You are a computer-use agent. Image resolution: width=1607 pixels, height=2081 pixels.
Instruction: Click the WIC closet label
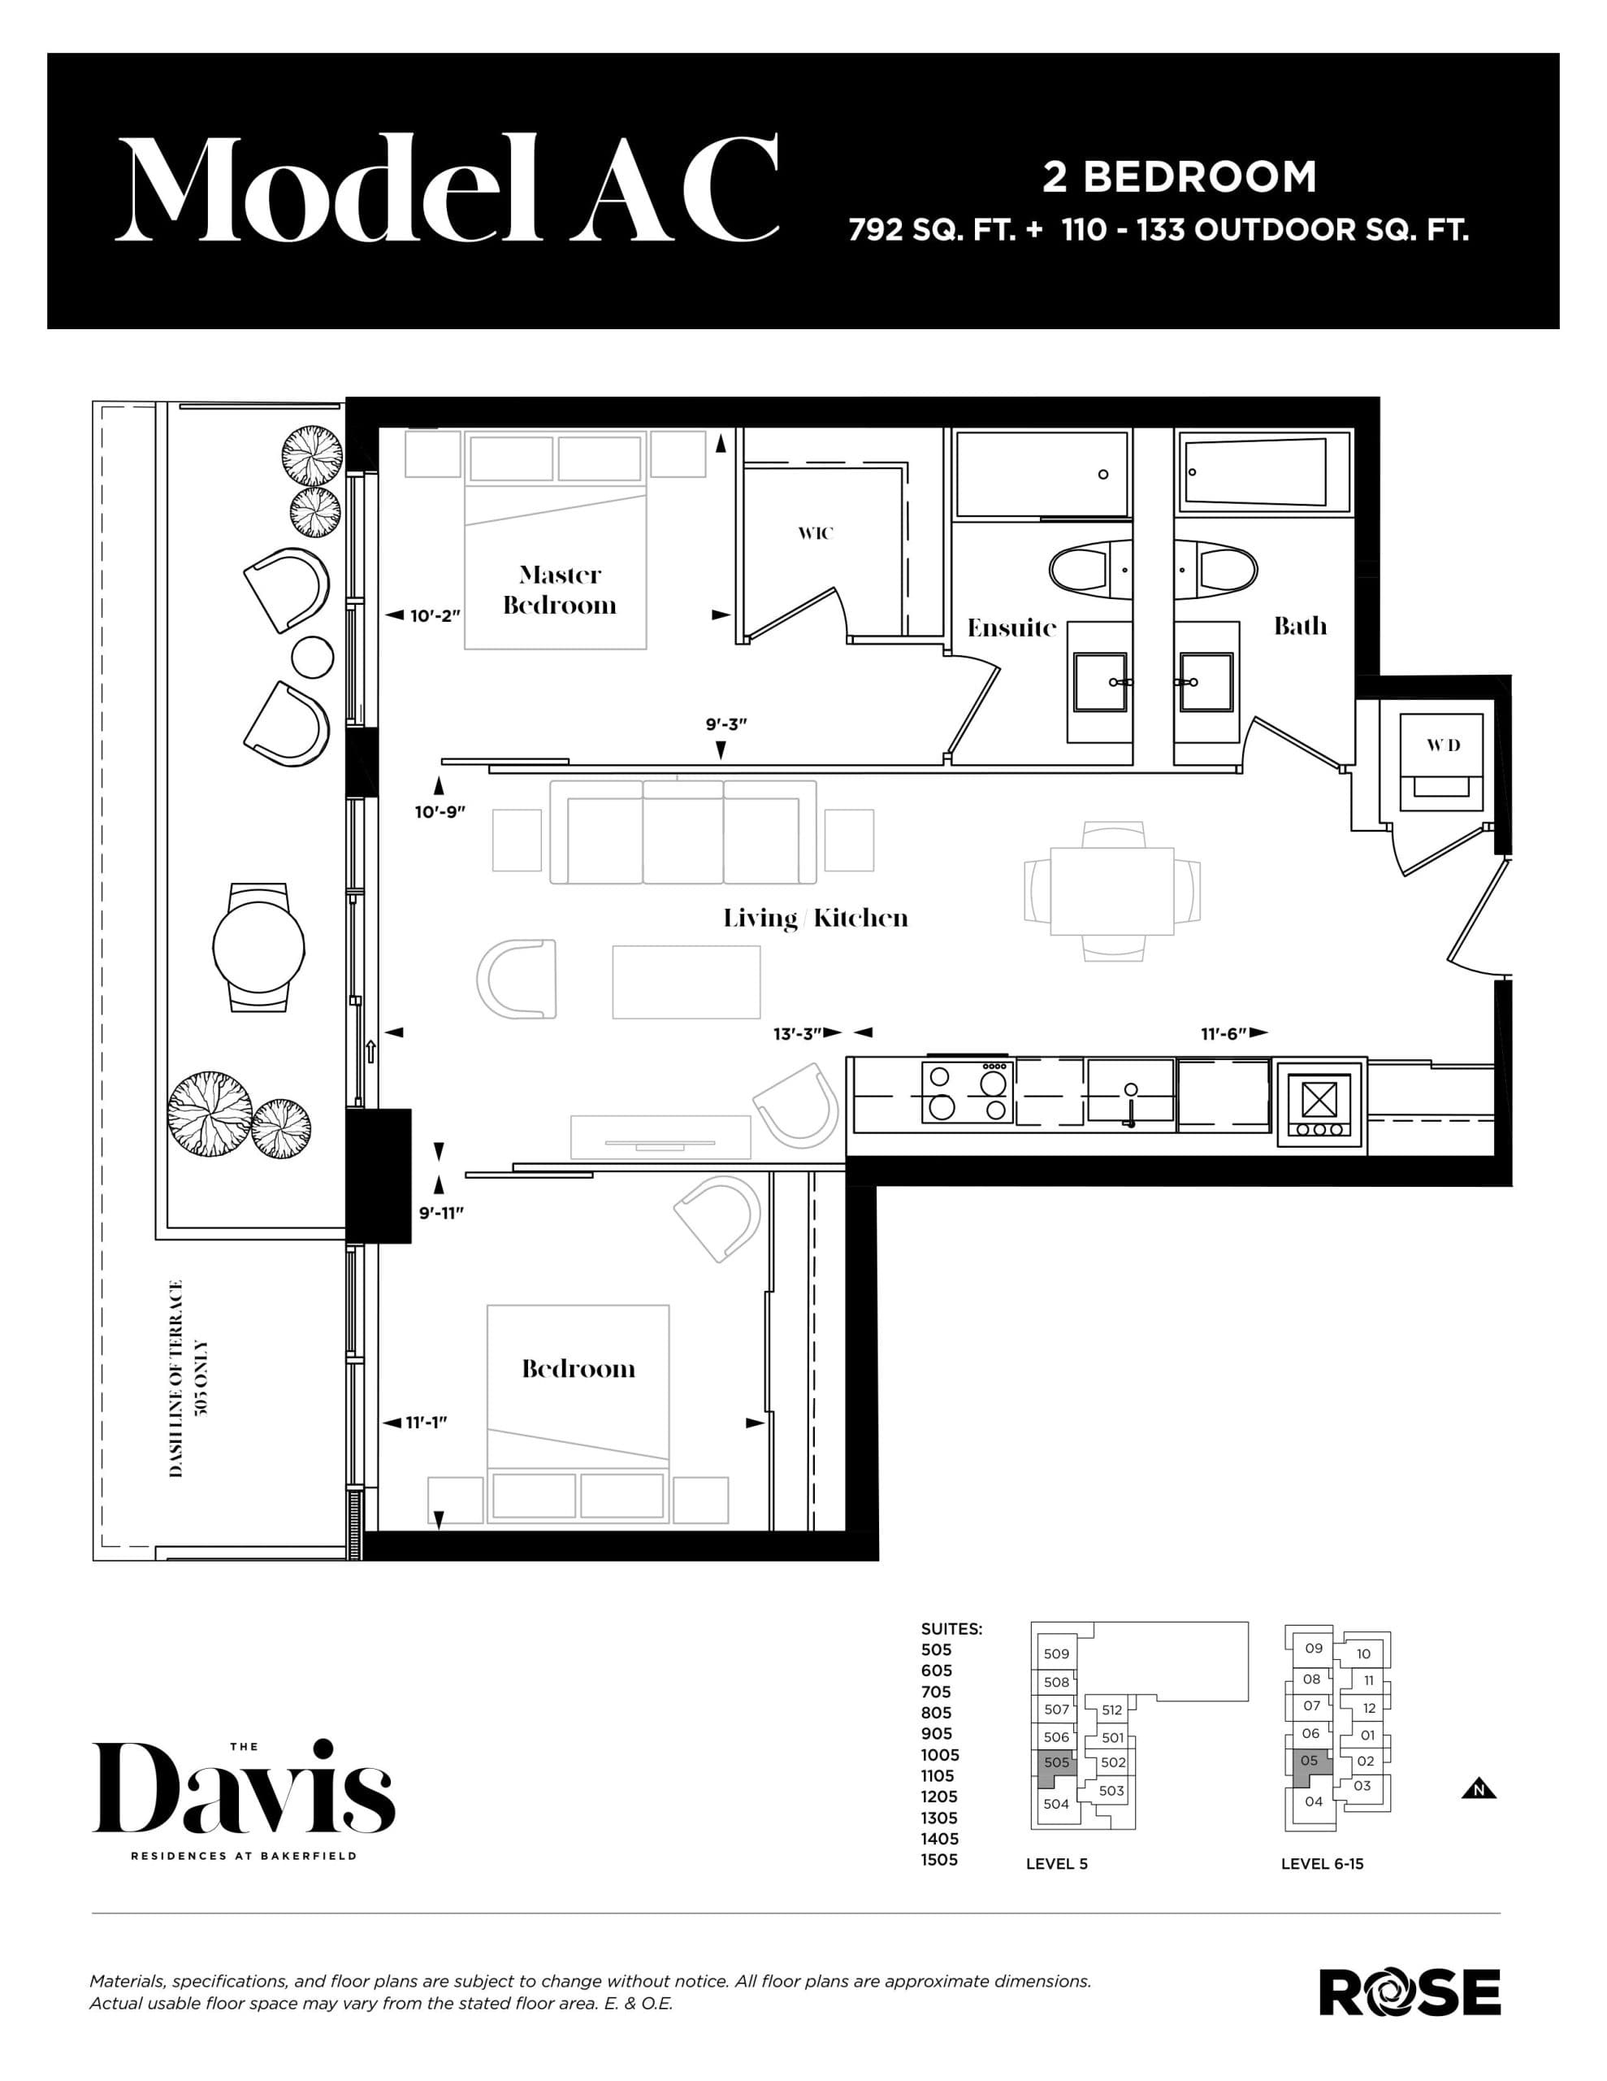click(816, 533)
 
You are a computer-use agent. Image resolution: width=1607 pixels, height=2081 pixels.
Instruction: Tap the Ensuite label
click(1011, 628)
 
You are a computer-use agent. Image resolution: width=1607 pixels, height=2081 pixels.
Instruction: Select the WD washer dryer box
click(1442, 762)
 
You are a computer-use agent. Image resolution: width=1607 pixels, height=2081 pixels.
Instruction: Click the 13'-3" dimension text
click(797, 1034)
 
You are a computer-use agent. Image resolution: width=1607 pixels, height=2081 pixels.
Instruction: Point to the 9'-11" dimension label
click(441, 1213)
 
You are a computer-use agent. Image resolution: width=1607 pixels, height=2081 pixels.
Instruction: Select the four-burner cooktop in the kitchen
click(966, 1093)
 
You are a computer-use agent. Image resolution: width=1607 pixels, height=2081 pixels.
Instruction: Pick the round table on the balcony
click(258, 948)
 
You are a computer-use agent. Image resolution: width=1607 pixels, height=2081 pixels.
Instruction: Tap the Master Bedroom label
click(560, 590)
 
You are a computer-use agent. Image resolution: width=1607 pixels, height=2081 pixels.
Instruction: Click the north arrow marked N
click(1479, 1789)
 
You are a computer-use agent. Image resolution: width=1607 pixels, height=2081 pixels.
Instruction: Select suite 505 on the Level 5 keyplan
click(1055, 1762)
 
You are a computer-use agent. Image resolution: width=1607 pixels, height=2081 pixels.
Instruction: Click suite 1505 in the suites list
click(939, 1860)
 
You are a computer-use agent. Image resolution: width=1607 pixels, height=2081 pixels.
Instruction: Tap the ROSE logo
click(1409, 1992)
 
